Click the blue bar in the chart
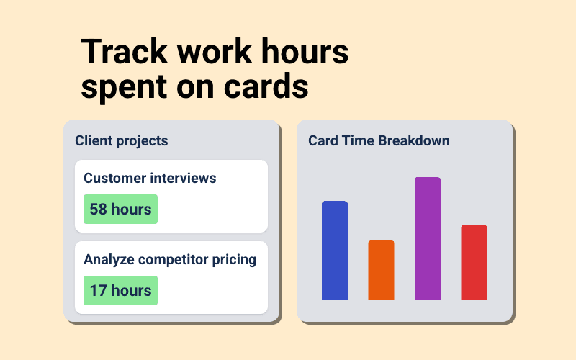335,251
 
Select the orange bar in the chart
381,270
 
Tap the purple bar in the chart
428,238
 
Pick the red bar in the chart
474,263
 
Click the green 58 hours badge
120,210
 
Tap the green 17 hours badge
120,291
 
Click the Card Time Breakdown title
379,140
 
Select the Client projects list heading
121,140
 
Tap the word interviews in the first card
184,178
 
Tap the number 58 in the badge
99,210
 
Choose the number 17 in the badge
98,291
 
